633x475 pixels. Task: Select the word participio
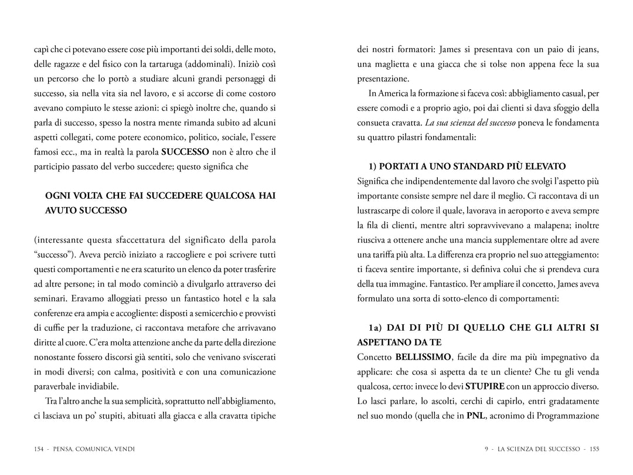click(53, 167)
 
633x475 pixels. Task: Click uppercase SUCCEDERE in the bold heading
click(161, 196)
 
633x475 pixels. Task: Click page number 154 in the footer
click(39, 449)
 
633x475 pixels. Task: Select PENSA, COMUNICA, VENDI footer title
click(94, 449)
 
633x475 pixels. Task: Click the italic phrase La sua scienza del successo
click(471, 123)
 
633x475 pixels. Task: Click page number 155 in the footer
click(594, 449)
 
